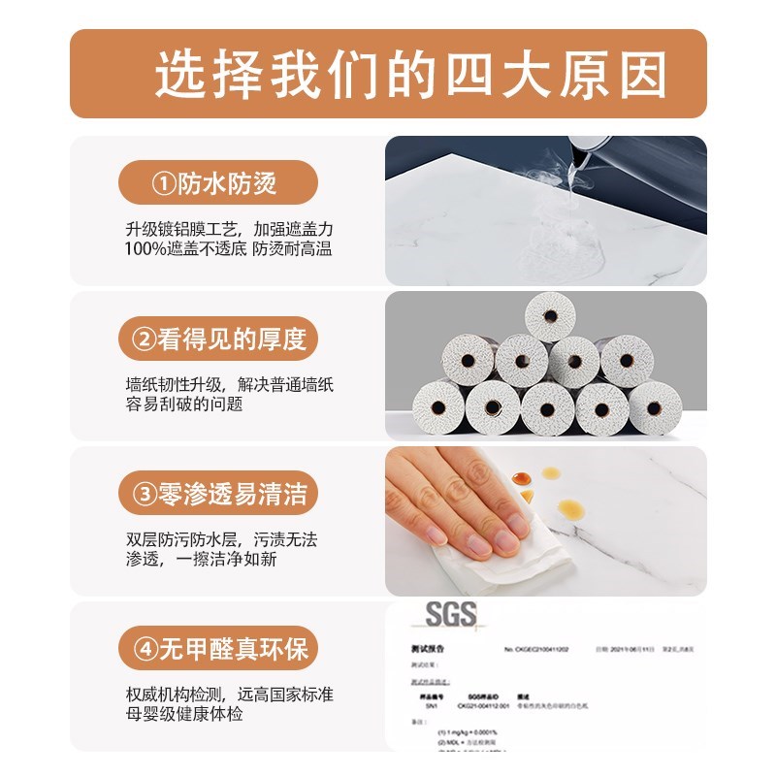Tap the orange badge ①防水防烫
[217, 182]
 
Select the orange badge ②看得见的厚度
[217, 339]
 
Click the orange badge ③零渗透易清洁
[217, 495]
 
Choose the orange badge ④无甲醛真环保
[217, 647]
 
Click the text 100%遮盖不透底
[185, 250]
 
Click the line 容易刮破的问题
[183, 404]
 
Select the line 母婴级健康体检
[183, 715]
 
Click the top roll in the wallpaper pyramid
[551, 316]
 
